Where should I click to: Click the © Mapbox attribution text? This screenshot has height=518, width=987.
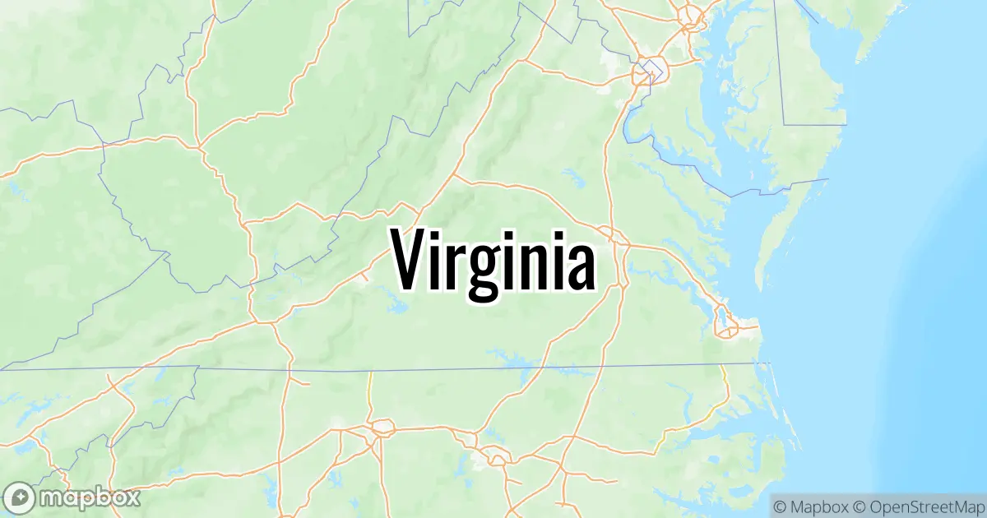point(811,504)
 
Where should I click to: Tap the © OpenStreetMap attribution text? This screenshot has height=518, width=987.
point(918,504)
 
